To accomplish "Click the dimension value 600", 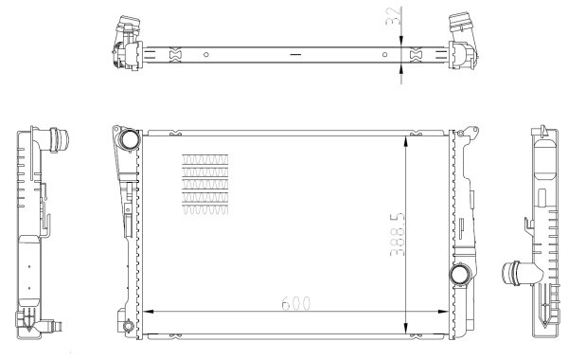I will (294, 305).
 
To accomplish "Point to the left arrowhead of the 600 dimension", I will (144, 312).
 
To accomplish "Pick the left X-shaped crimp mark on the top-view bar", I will (172, 54).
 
